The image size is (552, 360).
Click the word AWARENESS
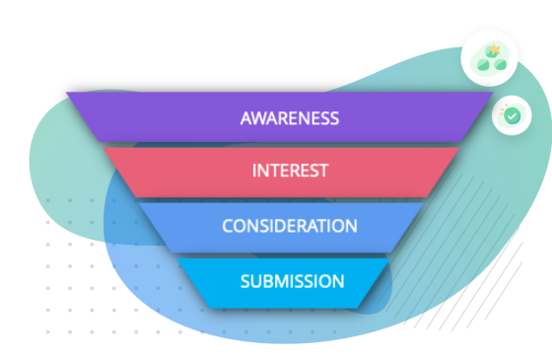(290, 118)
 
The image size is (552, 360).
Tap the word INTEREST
(290, 171)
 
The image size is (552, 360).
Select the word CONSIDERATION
(289, 226)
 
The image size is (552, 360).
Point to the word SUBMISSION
(292, 281)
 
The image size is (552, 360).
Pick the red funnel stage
(177, 171)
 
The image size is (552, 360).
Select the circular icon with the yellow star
(490, 59)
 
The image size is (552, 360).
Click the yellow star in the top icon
(492, 50)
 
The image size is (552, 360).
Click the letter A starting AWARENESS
(245, 118)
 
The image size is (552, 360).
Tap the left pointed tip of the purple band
(68, 95)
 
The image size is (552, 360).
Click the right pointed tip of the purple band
(491, 95)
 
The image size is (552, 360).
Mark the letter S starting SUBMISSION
(245, 281)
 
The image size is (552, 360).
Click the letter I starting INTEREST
(254, 171)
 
